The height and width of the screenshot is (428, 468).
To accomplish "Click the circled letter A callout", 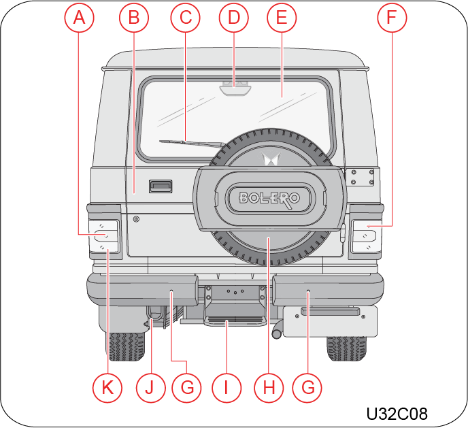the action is (79, 17).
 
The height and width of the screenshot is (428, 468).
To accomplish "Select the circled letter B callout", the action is (134, 17).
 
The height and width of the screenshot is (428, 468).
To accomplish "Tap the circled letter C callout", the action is (185, 17).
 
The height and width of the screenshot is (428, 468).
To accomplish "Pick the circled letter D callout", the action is (234, 17).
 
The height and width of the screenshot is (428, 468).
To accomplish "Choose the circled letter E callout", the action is (282, 17).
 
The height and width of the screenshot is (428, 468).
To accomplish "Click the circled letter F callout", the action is (392, 17).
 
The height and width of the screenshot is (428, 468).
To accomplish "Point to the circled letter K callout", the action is (107, 388).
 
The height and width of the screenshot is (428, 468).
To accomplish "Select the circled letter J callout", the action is (151, 388).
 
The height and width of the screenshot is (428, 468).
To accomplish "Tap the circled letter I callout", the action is (227, 388).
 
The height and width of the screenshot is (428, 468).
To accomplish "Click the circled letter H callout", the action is (269, 388).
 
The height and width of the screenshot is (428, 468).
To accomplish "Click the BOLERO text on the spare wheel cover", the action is (269, 199).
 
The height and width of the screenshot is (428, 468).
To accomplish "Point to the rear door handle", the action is (161, 186).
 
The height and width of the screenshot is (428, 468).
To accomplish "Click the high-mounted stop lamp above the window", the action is (235, 90).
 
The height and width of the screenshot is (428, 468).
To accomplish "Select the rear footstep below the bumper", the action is (235, 320).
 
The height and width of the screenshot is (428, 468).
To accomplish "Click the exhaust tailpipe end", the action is (277, 333).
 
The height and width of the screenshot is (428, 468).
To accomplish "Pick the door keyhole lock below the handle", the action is (137, 219).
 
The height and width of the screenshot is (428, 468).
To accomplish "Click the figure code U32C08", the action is (397, 414).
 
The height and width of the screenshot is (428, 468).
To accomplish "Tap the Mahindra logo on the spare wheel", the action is (271, 159).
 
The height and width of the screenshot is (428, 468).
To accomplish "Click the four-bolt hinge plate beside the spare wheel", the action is (363, 177).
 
